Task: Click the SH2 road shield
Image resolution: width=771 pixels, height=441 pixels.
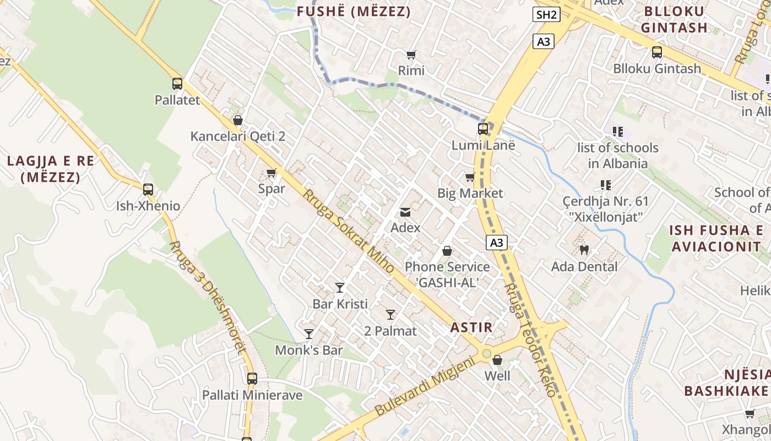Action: (546, 14)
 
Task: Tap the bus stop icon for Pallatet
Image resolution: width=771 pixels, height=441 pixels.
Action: (177, 84)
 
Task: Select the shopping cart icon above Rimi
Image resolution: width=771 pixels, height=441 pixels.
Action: (411, 55)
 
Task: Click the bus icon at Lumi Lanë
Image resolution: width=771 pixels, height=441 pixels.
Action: (483, 129)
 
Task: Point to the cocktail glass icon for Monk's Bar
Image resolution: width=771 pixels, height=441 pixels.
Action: (309, 334)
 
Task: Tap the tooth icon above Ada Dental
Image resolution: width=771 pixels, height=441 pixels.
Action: (584, 250)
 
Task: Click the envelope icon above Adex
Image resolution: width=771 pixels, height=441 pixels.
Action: (405, 212)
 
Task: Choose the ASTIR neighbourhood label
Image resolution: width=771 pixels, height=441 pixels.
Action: (471, 327)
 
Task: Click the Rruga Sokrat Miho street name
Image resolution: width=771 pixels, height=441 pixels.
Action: (348, 232)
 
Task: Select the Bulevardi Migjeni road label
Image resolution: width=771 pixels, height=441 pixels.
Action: (424, 387)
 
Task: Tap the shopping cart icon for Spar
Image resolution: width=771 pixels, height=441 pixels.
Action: (272, 173)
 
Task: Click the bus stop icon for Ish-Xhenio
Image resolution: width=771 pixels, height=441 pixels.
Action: (148, 190)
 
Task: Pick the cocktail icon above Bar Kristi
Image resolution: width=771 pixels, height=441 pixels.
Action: (340, 288)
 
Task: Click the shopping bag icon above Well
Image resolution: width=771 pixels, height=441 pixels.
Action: (497, 361)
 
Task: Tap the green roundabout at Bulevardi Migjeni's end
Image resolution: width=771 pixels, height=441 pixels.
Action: (486, 353)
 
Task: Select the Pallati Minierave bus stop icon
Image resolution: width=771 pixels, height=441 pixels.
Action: (252, 379)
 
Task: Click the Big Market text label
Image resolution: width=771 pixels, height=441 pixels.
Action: (470, 193)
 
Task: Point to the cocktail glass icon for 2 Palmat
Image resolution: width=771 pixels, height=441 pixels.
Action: (390, 315)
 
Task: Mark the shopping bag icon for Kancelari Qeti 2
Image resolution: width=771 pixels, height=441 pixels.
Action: (238, 120)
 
